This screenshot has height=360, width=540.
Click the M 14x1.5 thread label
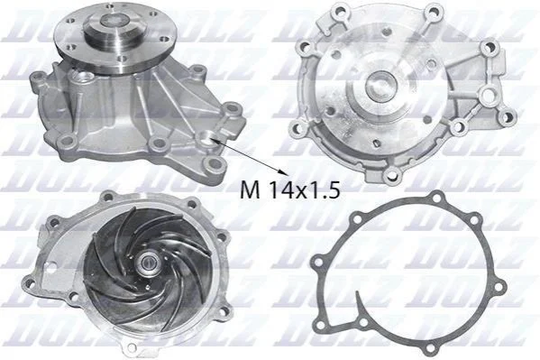click(x=290, y=189)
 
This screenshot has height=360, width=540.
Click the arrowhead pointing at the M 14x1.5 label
click(x=282, y=171)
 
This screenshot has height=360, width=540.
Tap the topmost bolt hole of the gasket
click(x=437, y=198)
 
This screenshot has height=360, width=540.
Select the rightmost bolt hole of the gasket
click(x=499, y=285)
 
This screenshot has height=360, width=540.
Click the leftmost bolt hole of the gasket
click(x=319, y=263)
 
